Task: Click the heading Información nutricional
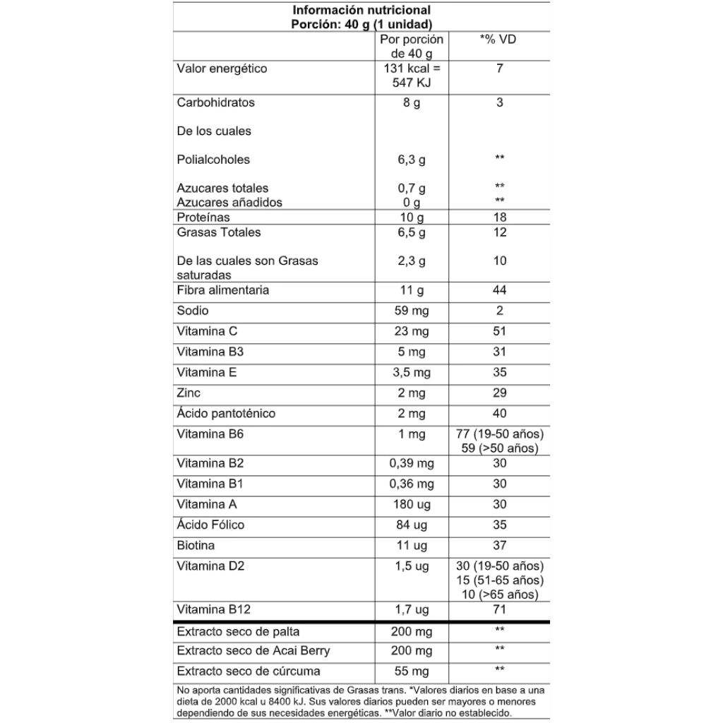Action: click(361, 11)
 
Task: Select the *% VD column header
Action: click(498, 40)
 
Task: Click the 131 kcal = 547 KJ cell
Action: click(412, 76)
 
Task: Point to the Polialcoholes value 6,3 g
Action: click(412, 160)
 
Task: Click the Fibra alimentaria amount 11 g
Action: click(412, 290)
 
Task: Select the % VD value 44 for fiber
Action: click(499, 290)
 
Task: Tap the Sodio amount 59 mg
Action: click(412, 311)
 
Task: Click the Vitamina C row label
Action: click(207, 331)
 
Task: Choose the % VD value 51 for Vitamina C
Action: click(499, 331)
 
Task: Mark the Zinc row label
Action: click(189, 393)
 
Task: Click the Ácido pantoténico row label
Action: click(226, 413)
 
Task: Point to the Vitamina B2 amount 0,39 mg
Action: click(412, 464)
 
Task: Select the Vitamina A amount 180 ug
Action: click(412, 505)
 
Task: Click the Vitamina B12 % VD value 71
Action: click(499, 609)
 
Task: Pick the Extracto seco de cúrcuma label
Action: click(248, 671)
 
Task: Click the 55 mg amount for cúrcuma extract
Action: click(412, 671)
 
